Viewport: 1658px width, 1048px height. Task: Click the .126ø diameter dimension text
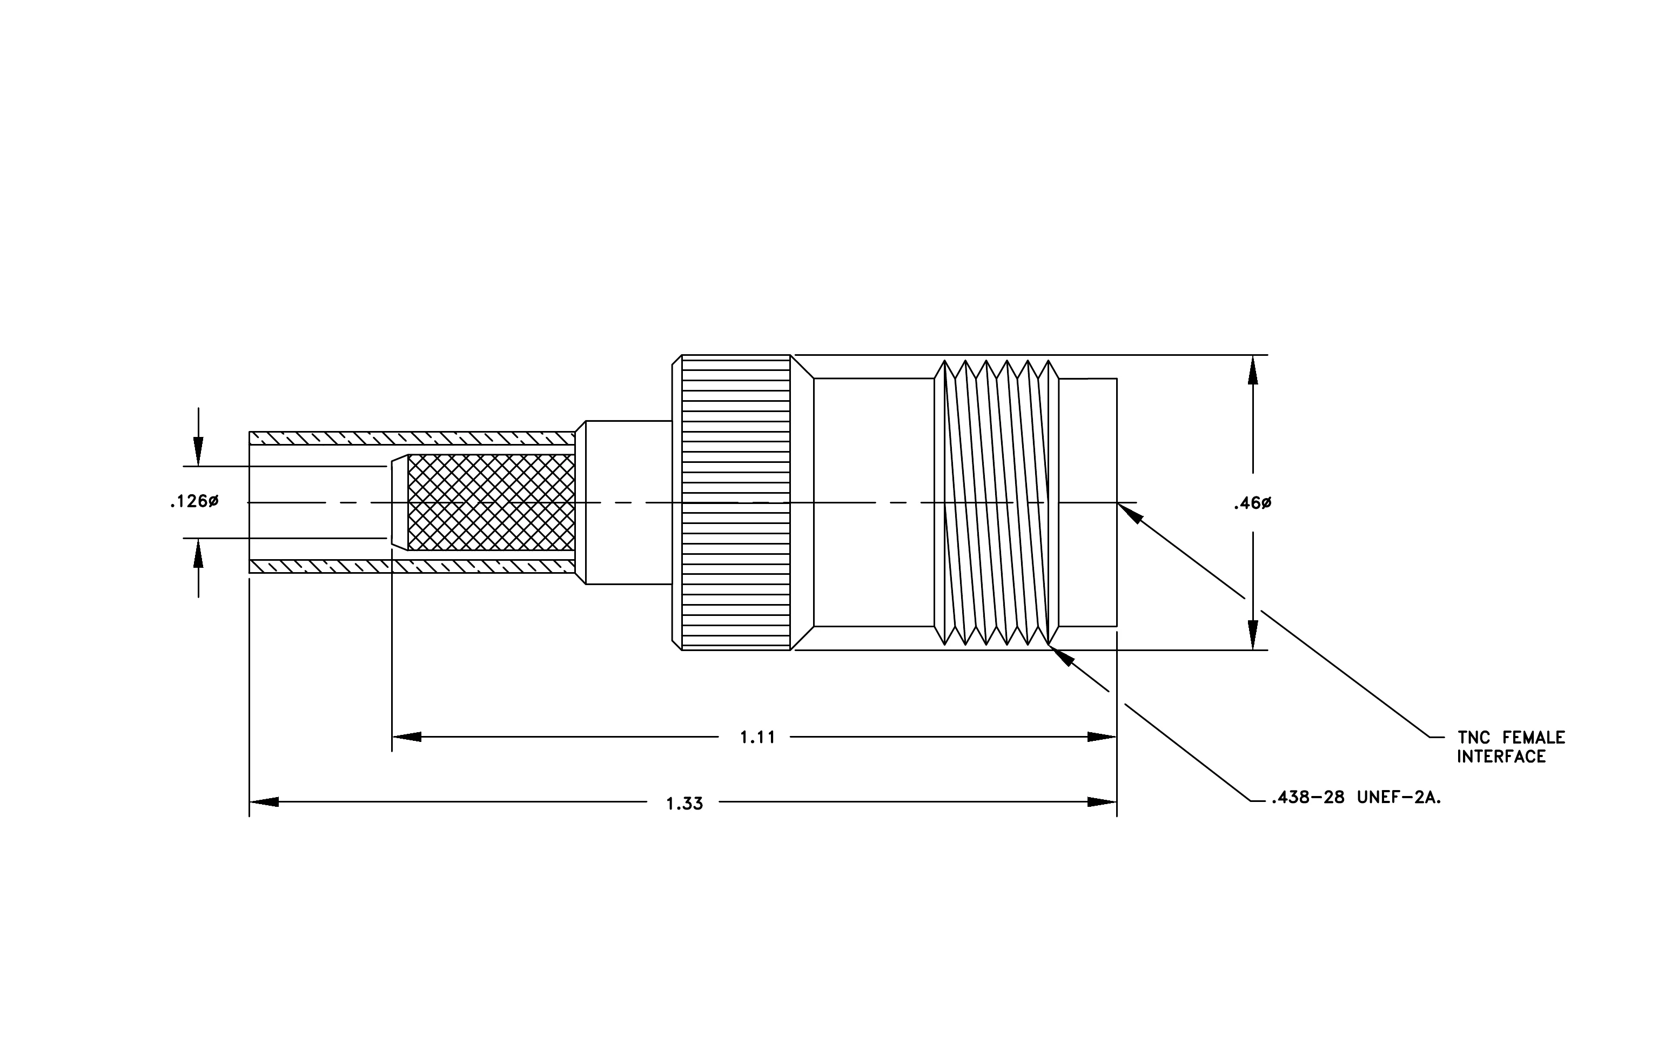(194, 502)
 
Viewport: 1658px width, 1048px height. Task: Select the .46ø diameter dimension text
(1252, 503)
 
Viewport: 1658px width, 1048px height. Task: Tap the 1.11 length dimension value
(757, 737)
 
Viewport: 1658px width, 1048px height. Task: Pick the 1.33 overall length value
(684, 804)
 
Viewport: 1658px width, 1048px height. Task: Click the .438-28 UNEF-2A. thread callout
(1355, 798)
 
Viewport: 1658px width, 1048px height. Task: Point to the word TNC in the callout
(1476, 738)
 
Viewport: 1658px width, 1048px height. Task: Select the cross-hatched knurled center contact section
(491, 502)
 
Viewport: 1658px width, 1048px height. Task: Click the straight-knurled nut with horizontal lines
(736, 502)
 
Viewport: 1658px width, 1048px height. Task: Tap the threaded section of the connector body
(996, 502)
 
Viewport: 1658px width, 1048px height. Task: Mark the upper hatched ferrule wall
(412, 438)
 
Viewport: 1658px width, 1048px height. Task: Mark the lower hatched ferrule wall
(412, 566)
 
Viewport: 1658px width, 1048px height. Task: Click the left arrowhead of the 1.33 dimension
(264, 802)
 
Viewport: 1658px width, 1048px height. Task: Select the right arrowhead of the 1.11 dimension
(1102, 737)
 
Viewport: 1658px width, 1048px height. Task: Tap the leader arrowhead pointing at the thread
(1061, 655)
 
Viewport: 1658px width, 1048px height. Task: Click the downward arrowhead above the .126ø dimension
(198, 452)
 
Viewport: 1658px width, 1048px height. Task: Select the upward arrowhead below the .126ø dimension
(198, 553)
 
